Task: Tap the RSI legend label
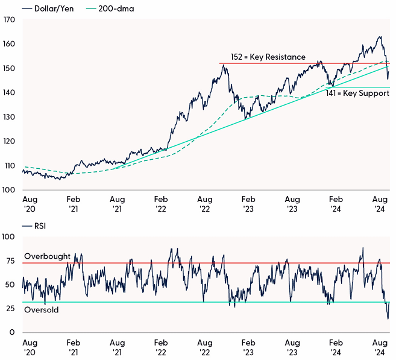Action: (37, 226)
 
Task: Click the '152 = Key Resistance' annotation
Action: (268, 57)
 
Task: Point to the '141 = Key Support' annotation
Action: (357, 94)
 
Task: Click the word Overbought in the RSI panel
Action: (47, 256)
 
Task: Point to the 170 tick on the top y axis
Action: (8, 20)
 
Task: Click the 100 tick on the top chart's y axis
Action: (8, 190)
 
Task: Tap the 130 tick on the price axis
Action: (8, 117)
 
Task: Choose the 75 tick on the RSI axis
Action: (10, 261)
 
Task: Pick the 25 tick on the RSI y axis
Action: (10, 309)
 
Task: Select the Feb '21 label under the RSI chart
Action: (74, 347)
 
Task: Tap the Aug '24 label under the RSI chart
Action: (380, 347)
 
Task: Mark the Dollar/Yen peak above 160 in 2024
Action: (380, 37)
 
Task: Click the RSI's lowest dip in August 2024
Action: (388, 318)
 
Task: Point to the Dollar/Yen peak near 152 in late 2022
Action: (224, 65)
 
